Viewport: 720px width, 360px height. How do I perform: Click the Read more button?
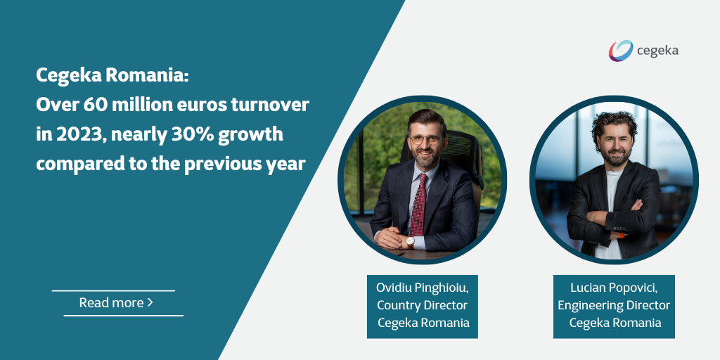(116, 303)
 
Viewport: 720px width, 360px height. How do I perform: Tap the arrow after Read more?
(150, 303)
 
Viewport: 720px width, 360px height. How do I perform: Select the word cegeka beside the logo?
(657, 51)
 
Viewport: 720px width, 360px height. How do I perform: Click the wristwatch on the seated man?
(410, 242)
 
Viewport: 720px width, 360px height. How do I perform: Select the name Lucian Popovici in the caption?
(614, 288)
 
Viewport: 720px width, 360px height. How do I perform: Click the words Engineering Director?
(614, 305)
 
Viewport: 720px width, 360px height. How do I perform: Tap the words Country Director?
(422, 305)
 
